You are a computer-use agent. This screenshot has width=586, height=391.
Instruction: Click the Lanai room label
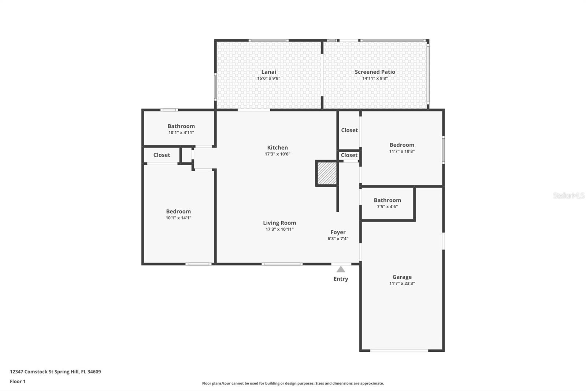268,72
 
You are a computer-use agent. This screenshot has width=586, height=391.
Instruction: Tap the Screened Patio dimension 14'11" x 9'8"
375,78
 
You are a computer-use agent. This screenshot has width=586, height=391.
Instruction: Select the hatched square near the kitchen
327,173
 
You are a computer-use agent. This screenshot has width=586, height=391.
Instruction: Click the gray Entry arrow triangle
341,270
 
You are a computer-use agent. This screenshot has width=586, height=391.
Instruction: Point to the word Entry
341,279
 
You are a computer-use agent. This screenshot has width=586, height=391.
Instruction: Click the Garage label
402,277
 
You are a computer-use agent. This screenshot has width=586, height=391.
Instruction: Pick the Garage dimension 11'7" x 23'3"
402,284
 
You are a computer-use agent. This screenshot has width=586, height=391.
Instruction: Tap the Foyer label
338,232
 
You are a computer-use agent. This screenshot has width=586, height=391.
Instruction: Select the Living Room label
279,223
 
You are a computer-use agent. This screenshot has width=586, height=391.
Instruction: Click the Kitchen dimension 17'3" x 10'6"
277,154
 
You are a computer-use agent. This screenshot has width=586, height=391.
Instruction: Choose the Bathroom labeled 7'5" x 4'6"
387,200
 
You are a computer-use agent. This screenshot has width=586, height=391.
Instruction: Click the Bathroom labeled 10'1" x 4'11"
181,126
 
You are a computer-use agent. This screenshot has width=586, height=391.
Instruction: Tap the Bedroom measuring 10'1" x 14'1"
178,211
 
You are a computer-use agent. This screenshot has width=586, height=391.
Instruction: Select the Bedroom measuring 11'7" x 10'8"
402,145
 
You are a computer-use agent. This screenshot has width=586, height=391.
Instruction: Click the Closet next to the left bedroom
162,155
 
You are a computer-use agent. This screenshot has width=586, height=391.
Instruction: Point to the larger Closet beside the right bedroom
349,130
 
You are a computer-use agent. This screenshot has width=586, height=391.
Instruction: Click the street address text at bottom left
55,372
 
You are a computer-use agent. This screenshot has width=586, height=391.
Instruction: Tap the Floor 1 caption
18,381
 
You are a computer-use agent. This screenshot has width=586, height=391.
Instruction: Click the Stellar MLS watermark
568,195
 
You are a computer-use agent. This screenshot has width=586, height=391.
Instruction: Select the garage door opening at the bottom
399,351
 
